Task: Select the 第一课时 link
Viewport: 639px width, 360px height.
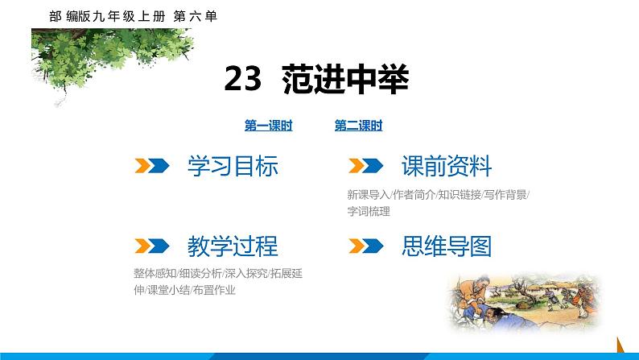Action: [268, 126]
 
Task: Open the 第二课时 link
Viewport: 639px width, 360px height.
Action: [358, 126]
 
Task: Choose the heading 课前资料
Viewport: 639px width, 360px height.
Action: [446, 167]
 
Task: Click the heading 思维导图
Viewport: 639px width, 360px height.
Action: [446, 246]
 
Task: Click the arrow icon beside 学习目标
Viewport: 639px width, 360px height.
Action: [150, 167]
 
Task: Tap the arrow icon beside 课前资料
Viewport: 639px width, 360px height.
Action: [364, 167]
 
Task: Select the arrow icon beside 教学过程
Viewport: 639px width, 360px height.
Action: [150, 246]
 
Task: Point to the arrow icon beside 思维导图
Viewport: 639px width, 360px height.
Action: [364, 246]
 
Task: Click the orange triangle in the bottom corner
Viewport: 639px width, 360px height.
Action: [620, 343]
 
